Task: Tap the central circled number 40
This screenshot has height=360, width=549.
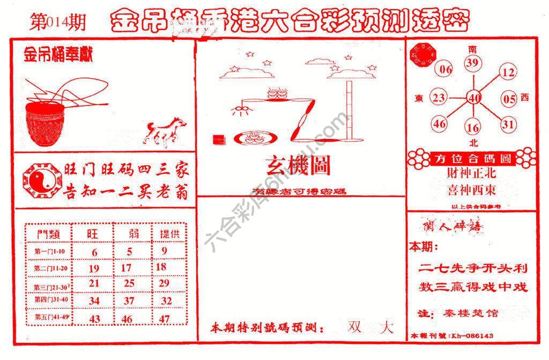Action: [473, 98]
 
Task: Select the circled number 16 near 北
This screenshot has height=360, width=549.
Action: [472, 128]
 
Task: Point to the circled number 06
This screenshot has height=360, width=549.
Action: [446, 69]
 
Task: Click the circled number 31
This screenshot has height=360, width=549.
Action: [508, 124]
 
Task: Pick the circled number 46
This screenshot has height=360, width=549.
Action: [440, 124]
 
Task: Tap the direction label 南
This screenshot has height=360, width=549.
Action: [472, 49]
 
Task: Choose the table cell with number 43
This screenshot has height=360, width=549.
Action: [94, 318]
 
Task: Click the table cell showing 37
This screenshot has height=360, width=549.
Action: [129, 301]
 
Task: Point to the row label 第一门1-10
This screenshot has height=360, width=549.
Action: [49, 251]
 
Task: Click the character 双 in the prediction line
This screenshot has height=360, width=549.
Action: [354, 327]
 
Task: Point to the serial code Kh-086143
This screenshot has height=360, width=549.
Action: [472, 336]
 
